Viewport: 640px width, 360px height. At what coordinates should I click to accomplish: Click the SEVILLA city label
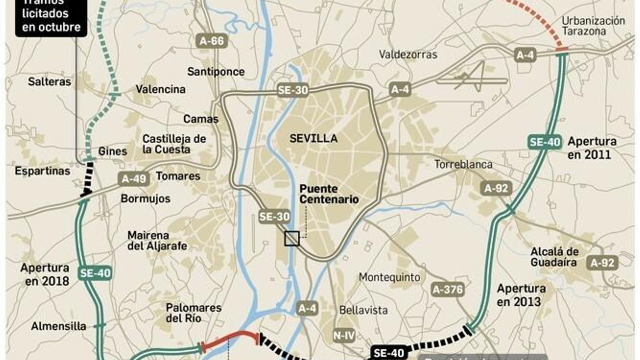point(313,138)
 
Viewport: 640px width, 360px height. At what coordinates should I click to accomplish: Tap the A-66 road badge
point(212,41)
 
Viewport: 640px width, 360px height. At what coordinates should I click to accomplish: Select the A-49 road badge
point(134,179)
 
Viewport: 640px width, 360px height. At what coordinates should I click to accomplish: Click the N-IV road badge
point(344,335)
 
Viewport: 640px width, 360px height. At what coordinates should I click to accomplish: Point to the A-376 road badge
point(448,289)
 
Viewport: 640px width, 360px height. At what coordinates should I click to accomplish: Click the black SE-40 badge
point(389,353)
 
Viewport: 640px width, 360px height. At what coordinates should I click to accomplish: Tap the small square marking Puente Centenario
point(292,239)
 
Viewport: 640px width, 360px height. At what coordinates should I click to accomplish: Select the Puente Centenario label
point(329,194)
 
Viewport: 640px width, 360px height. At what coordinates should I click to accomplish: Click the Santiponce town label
point(216,72)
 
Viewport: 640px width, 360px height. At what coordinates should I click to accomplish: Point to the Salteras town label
point(49,82)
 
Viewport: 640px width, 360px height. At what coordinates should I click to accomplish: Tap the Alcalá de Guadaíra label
point(554,257)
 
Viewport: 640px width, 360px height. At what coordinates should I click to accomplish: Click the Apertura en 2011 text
point(592,148)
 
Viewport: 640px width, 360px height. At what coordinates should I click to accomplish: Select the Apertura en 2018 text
point(45,274)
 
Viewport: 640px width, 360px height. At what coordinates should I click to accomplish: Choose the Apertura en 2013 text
point(521,295)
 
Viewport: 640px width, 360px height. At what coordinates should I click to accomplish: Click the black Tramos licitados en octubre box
point(51,18)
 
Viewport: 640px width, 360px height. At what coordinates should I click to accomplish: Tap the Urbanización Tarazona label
point(593,26)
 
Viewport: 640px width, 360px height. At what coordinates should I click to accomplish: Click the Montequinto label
point(389,277)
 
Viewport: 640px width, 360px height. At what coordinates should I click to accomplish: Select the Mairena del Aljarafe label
point(157,240)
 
